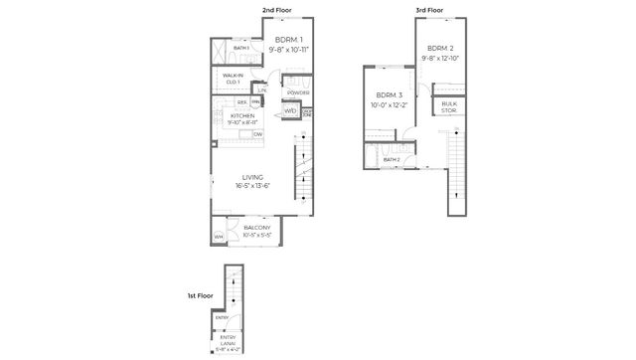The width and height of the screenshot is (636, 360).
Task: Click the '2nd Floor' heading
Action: coord(275,10)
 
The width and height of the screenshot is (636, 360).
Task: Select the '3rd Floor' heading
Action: coord(429,10)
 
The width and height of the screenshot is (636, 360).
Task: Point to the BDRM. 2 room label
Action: coord(441,48)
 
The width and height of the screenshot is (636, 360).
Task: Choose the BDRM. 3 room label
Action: coord(388,95)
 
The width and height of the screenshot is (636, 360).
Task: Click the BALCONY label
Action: coord(257,228)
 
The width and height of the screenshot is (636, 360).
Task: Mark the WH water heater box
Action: coord(218,237)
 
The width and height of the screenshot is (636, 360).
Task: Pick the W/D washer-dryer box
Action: coord(290,110)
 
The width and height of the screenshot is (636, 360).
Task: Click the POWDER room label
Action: coord(298,92)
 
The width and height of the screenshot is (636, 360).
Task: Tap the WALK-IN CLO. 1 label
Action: coord(234,78)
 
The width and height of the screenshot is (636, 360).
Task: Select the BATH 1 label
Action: coord(240,48)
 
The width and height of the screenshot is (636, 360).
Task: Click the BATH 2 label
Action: coord(392,159)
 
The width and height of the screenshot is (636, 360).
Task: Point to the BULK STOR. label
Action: coord(449,106)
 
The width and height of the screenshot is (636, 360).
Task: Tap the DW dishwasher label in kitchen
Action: coord(257,133)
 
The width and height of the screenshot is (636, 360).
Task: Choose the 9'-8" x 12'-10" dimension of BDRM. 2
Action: coord(441,58)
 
